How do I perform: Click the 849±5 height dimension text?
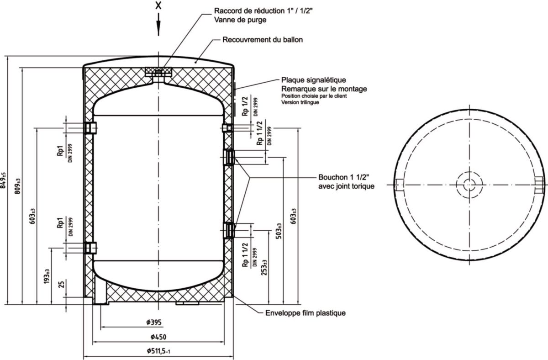(x=4, y=180)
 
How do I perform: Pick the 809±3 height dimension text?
(x=18, y=186)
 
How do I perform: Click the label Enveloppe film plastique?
(x=306, y=313)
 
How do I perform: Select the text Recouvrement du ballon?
(x=263, y=40)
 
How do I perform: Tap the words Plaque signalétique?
(x=313, y=80)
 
